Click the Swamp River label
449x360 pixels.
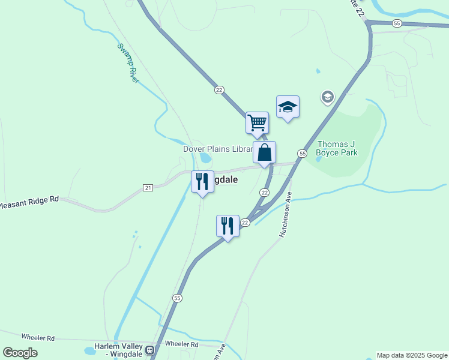[128, 62]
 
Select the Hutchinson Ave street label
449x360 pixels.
[286, 214]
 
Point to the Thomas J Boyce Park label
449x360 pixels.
[337, 148]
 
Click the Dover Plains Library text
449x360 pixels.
[217, 149]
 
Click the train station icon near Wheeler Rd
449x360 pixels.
[150, 349]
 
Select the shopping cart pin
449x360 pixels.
[257, 122]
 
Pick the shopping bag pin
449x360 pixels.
[264, 153]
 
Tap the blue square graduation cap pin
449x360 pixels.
[288, 107]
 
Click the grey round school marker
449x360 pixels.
[327, 97]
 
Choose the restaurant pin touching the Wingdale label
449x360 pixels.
[202, 182]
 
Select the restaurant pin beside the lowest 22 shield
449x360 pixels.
[228, 226]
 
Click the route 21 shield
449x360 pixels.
[148, 188]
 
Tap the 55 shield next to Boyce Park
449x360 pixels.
[302, 154]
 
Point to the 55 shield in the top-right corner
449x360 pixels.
[397, 23]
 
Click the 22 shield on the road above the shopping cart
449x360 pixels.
[219, 89]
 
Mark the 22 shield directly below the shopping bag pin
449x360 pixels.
[264, 192]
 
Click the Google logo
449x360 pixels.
[20, 353]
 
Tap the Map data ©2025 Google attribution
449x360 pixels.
[412, 355]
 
